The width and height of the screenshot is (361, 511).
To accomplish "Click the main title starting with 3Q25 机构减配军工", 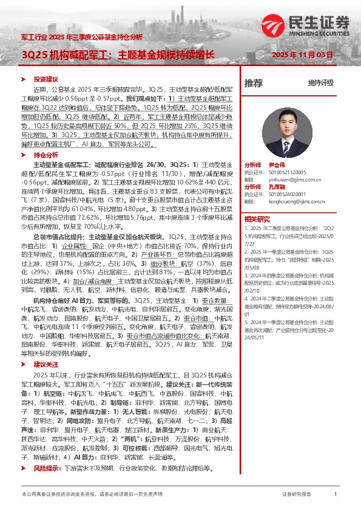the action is click(x=118, y=55).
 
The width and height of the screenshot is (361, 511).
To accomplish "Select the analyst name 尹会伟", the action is click(x=277, y=164).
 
